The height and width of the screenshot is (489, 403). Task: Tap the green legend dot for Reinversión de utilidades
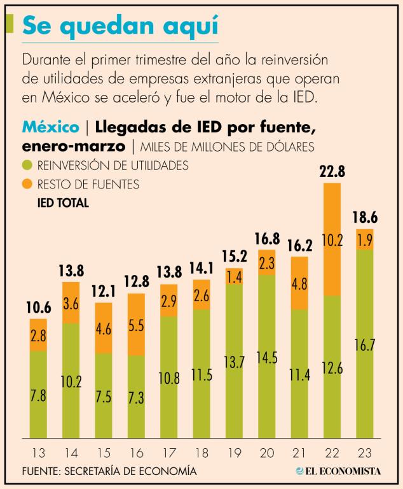click(x=27, y=166)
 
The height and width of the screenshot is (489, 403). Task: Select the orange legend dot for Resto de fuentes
click(x=27, y=185)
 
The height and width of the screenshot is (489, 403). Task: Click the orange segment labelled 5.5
click(x=137, y=324)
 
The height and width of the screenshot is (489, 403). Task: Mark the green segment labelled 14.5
click(x=267, y=357)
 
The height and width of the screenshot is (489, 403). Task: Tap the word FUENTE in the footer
click(x=43, y=471)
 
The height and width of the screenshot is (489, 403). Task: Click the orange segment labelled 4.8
click(x=299, y=283)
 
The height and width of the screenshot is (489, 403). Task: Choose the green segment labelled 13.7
click(x=235, y=361)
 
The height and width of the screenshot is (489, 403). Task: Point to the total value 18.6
click(x=365, y=218)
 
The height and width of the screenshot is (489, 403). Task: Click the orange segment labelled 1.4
click(x=235, y=276)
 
